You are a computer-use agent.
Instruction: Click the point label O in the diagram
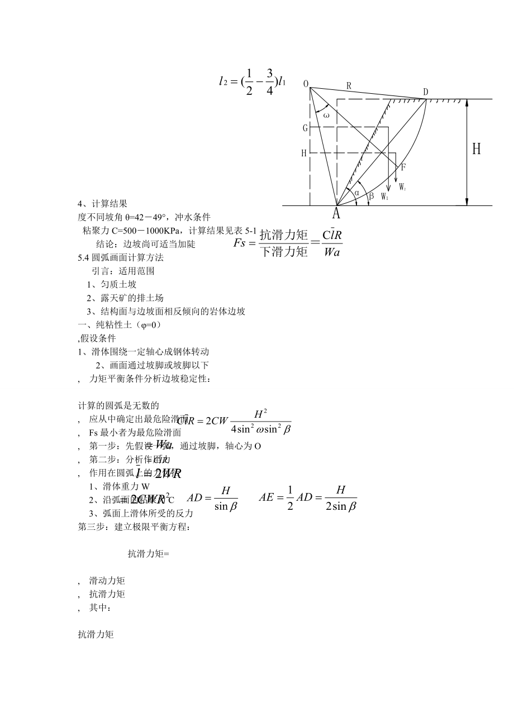[306, 84]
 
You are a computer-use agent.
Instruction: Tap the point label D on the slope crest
[426, 92]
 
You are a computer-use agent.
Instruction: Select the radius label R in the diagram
[349, 86]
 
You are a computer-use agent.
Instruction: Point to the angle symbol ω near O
[326, 115]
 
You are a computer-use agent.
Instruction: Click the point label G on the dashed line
[305, 128]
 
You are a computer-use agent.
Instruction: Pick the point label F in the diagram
[403, 167]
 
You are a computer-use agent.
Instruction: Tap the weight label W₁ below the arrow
[385, 197]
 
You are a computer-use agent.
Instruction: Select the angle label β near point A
[371, 196]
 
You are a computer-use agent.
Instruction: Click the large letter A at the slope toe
[336, 214]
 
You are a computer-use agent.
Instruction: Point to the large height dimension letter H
[477, 149]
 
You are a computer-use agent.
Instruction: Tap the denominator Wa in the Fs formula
[332, 252]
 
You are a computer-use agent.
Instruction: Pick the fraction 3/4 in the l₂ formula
[270, 82]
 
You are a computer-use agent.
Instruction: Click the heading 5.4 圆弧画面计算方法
[121, 258]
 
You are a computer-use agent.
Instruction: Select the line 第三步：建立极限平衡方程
[134, 527]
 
